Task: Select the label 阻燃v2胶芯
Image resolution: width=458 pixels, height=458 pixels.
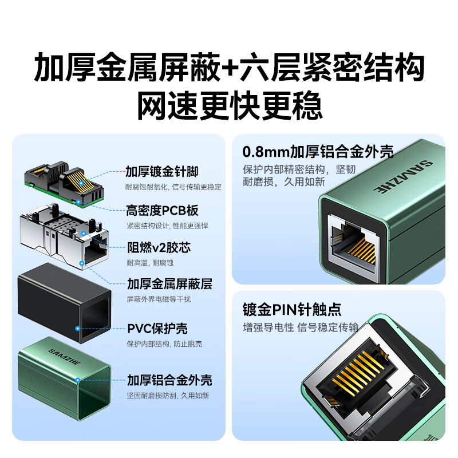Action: click(x=156, y=248)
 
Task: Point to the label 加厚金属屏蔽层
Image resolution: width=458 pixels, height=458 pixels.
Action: click(x=169, y=285)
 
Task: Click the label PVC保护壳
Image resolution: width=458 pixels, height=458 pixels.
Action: click(x=157, y=329)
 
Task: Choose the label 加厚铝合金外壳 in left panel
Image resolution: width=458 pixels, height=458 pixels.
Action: click(x=169, y=380)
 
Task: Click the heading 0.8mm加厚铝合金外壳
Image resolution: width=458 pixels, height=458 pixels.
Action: click(x=318, y=152)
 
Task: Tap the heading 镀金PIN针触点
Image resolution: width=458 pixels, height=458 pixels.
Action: click(x=292, y=310)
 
